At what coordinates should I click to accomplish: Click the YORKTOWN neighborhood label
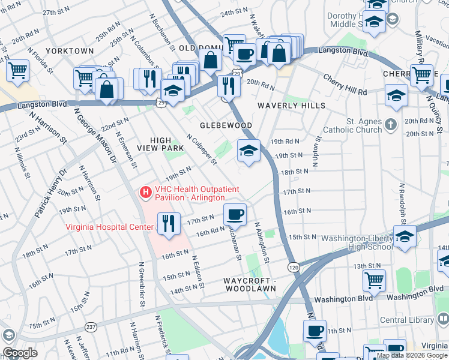click(x=70, y=51)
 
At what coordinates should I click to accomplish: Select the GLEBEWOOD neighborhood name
click(x=226, y=125)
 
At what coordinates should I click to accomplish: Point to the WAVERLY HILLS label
click(x=291, y=106)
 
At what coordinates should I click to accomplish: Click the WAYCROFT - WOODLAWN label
click(x=250, y=284)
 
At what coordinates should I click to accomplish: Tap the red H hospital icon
click(x=145, y=193)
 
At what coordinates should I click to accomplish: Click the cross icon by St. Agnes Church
click(x=391, y=125)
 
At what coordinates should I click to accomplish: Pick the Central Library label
click(x=405, y=320)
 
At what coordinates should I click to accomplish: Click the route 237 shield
click(x=91, y=327)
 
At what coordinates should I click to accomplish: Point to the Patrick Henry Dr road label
click(x=49, y=192)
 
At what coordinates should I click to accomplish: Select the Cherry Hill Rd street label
click(x=345, y=84)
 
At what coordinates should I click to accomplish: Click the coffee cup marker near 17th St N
click(x=235, y=214)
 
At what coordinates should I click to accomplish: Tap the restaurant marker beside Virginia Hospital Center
click(x=168, y=224)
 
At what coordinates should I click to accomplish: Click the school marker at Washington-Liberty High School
click(x=405, y=236)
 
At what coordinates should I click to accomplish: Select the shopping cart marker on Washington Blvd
click(x=374, y=280)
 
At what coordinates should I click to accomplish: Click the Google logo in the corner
click(x=19, y=352)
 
